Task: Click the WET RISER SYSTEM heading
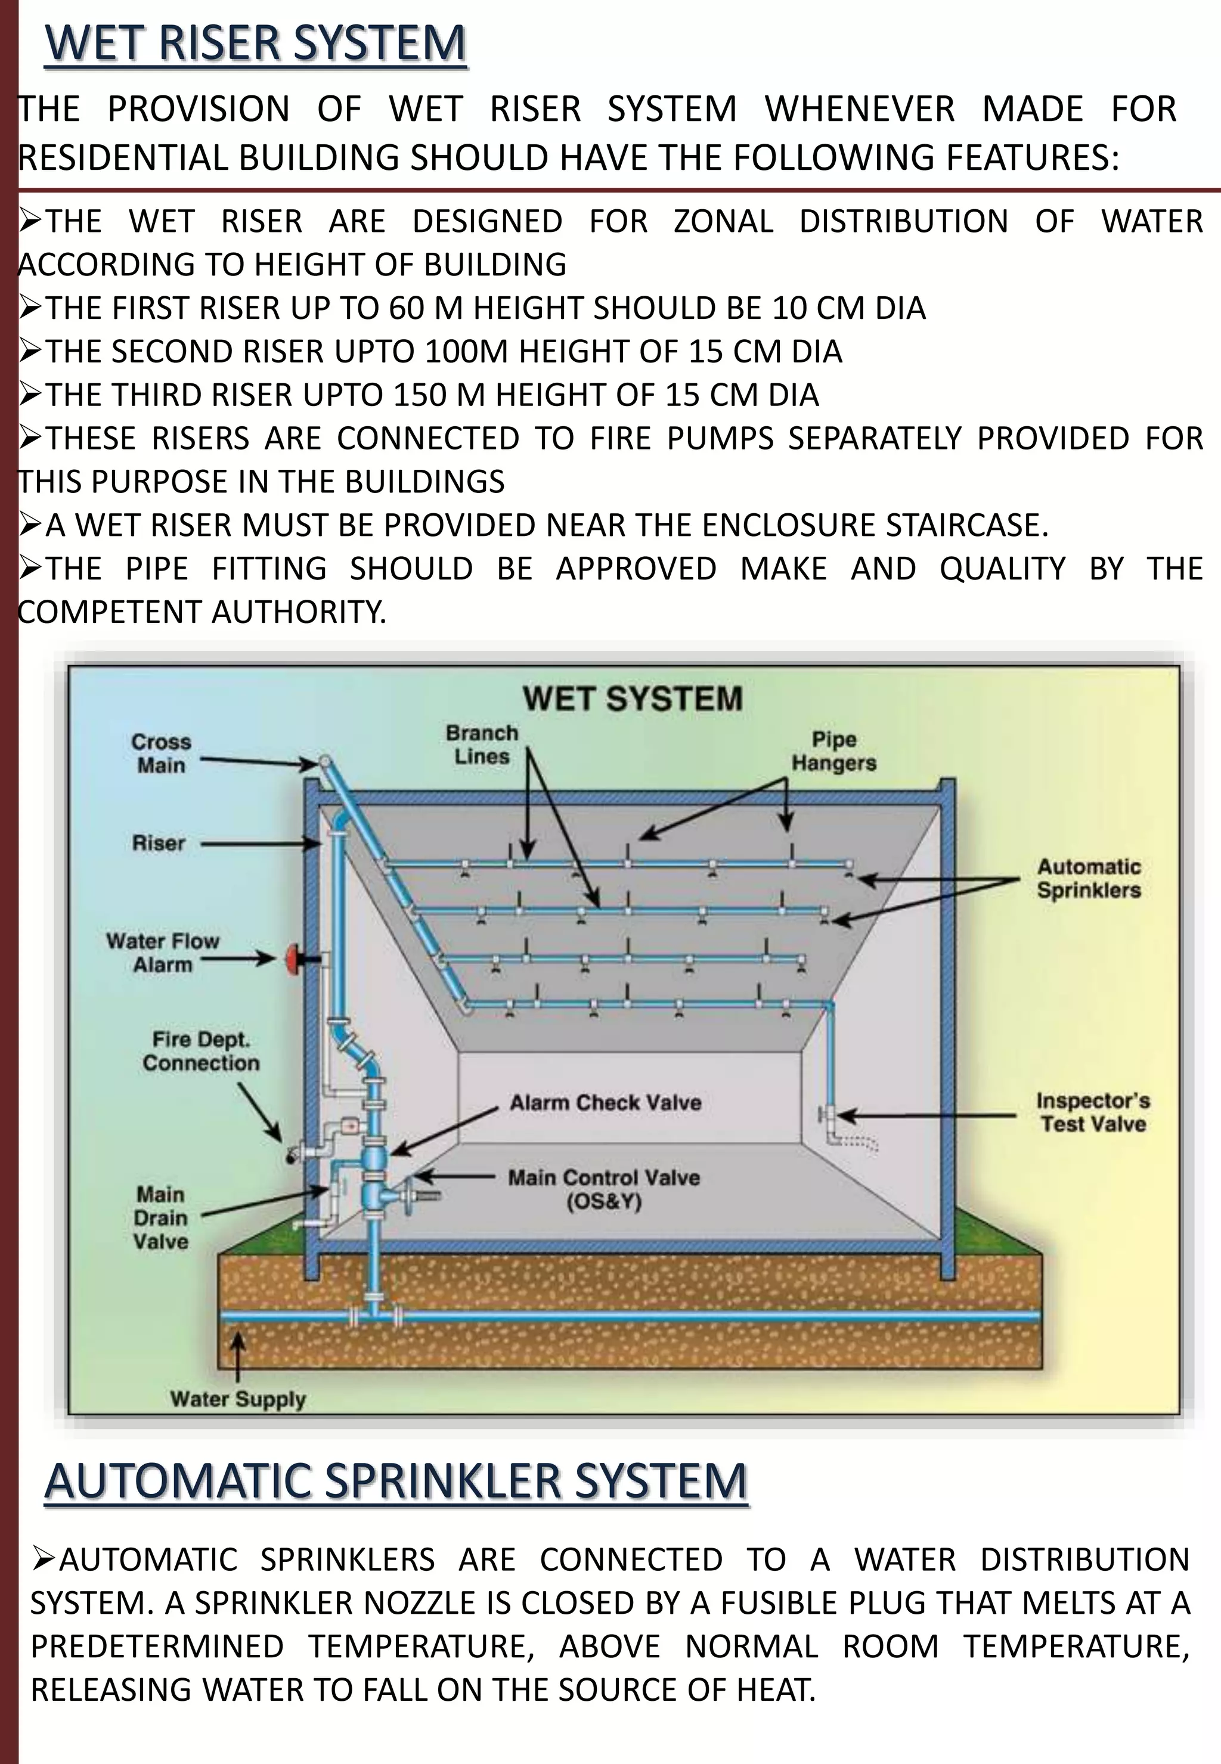256,44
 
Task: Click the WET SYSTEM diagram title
632,699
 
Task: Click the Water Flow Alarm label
162,953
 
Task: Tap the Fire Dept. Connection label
200,1051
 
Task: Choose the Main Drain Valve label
160,1218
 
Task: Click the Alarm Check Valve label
605,1102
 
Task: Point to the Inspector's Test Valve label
1092,1112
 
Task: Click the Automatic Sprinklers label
1088,878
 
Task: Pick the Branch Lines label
482,745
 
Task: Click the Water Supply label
238,1399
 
